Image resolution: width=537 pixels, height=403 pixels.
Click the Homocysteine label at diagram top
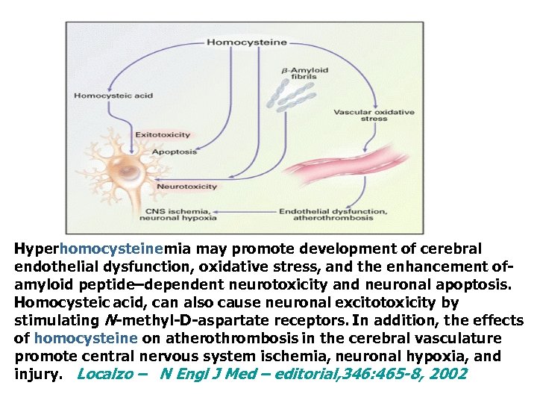click(246, 42)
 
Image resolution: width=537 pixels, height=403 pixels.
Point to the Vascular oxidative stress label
click(373, 115)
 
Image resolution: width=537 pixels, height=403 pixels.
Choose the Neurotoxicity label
click(186, 187)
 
